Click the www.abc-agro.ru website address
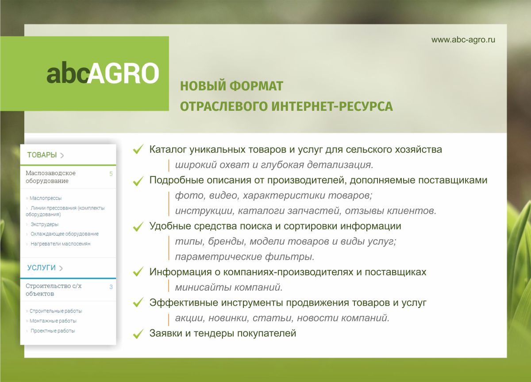coord(463,39)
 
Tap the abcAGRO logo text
coord(103,73)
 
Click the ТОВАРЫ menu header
coord(42,155)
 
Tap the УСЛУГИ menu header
coord(41,268)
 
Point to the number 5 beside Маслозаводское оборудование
coord(111,174)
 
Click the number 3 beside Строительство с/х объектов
coord(111,287)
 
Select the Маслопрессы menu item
coord(46,198)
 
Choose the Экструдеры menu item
coord(44,224)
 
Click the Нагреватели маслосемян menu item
coord(61,244)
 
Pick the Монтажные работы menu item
coord(53,321)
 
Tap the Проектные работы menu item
coord(53,331)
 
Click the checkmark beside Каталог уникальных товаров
coord(138,149)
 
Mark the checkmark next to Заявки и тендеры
coord(138,334)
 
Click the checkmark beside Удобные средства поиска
coord(138,226)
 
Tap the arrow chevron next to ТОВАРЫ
coord(62,156)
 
